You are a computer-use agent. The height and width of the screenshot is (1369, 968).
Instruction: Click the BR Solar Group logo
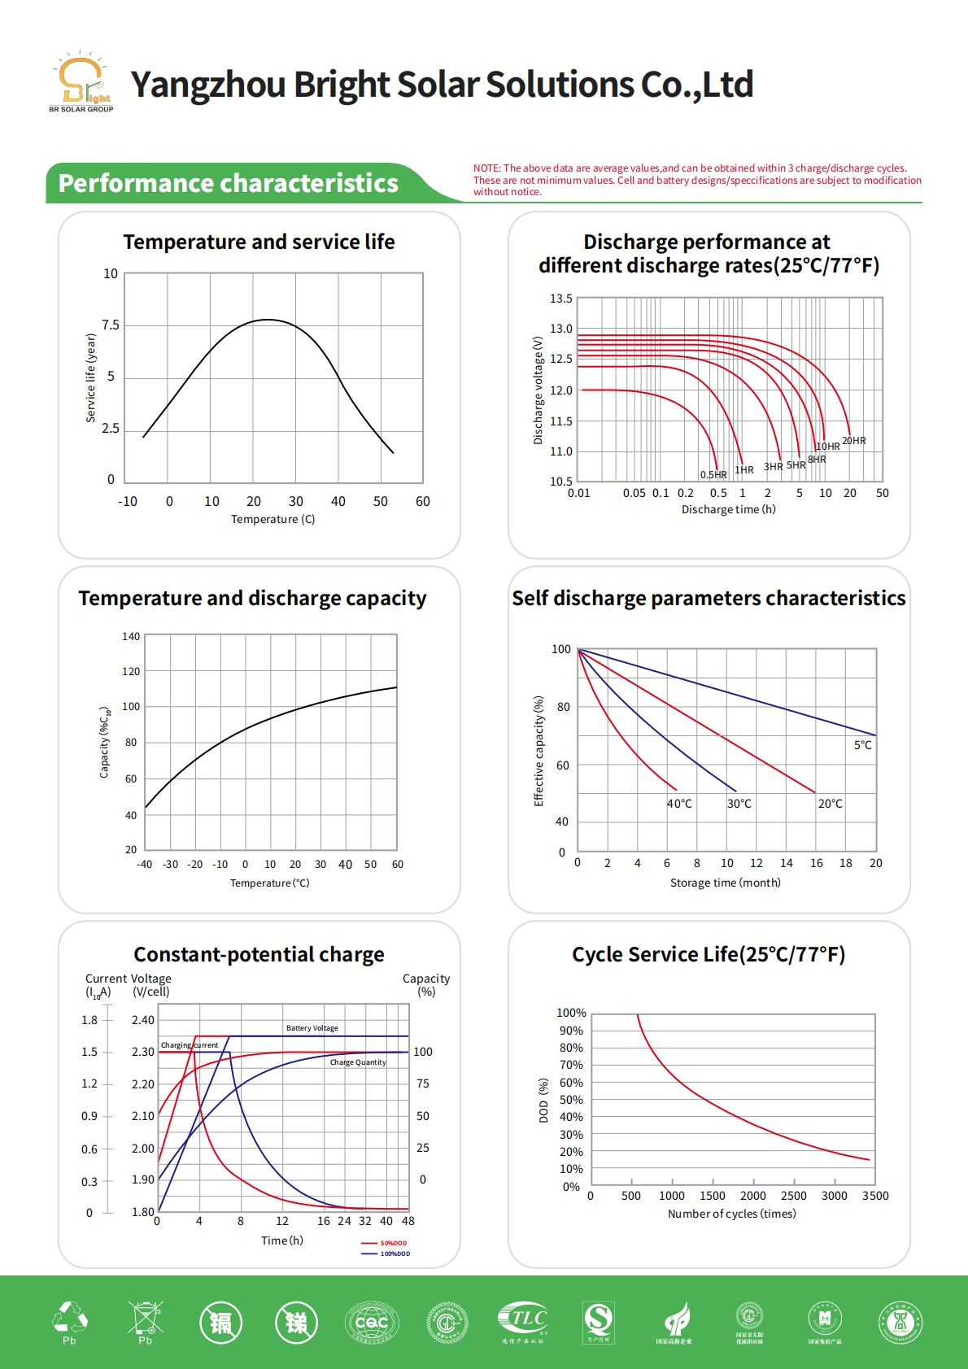pos(81,83)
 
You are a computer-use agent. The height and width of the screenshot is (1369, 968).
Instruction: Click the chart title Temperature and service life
pos(259,242)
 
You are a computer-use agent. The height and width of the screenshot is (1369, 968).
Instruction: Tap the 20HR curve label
pos(853,441)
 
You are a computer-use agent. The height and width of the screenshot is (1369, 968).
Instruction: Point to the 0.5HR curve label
pos(713,475)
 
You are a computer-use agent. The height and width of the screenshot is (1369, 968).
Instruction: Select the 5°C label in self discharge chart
pos(862,745)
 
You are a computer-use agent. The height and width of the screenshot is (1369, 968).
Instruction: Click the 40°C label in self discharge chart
pos(679,804)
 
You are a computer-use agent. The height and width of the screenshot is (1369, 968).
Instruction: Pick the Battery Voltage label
pos(312,1028)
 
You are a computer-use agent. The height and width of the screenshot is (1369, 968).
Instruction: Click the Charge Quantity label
pos(358,1062)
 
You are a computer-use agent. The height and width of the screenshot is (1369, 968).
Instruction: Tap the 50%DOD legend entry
pos(393,1243)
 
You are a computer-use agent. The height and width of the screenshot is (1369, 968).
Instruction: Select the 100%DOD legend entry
pos(395,1253)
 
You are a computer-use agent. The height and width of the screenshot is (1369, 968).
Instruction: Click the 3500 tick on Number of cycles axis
pos(875,1196)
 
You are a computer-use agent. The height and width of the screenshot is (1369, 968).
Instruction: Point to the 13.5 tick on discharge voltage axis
pos(561,299)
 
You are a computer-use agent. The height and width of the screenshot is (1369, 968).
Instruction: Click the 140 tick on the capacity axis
pos(131,636)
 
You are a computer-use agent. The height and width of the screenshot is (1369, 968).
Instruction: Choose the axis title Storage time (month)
pos(725,883)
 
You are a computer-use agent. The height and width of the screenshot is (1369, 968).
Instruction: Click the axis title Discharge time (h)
pos(728,509)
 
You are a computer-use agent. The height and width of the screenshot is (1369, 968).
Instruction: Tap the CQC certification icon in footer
pos(372,1322)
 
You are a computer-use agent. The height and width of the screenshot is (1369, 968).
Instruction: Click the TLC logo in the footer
pos(523,1319)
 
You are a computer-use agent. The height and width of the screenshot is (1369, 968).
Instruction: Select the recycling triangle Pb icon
pos(70,1320)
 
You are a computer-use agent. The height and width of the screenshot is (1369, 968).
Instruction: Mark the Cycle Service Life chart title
pos(709,954)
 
